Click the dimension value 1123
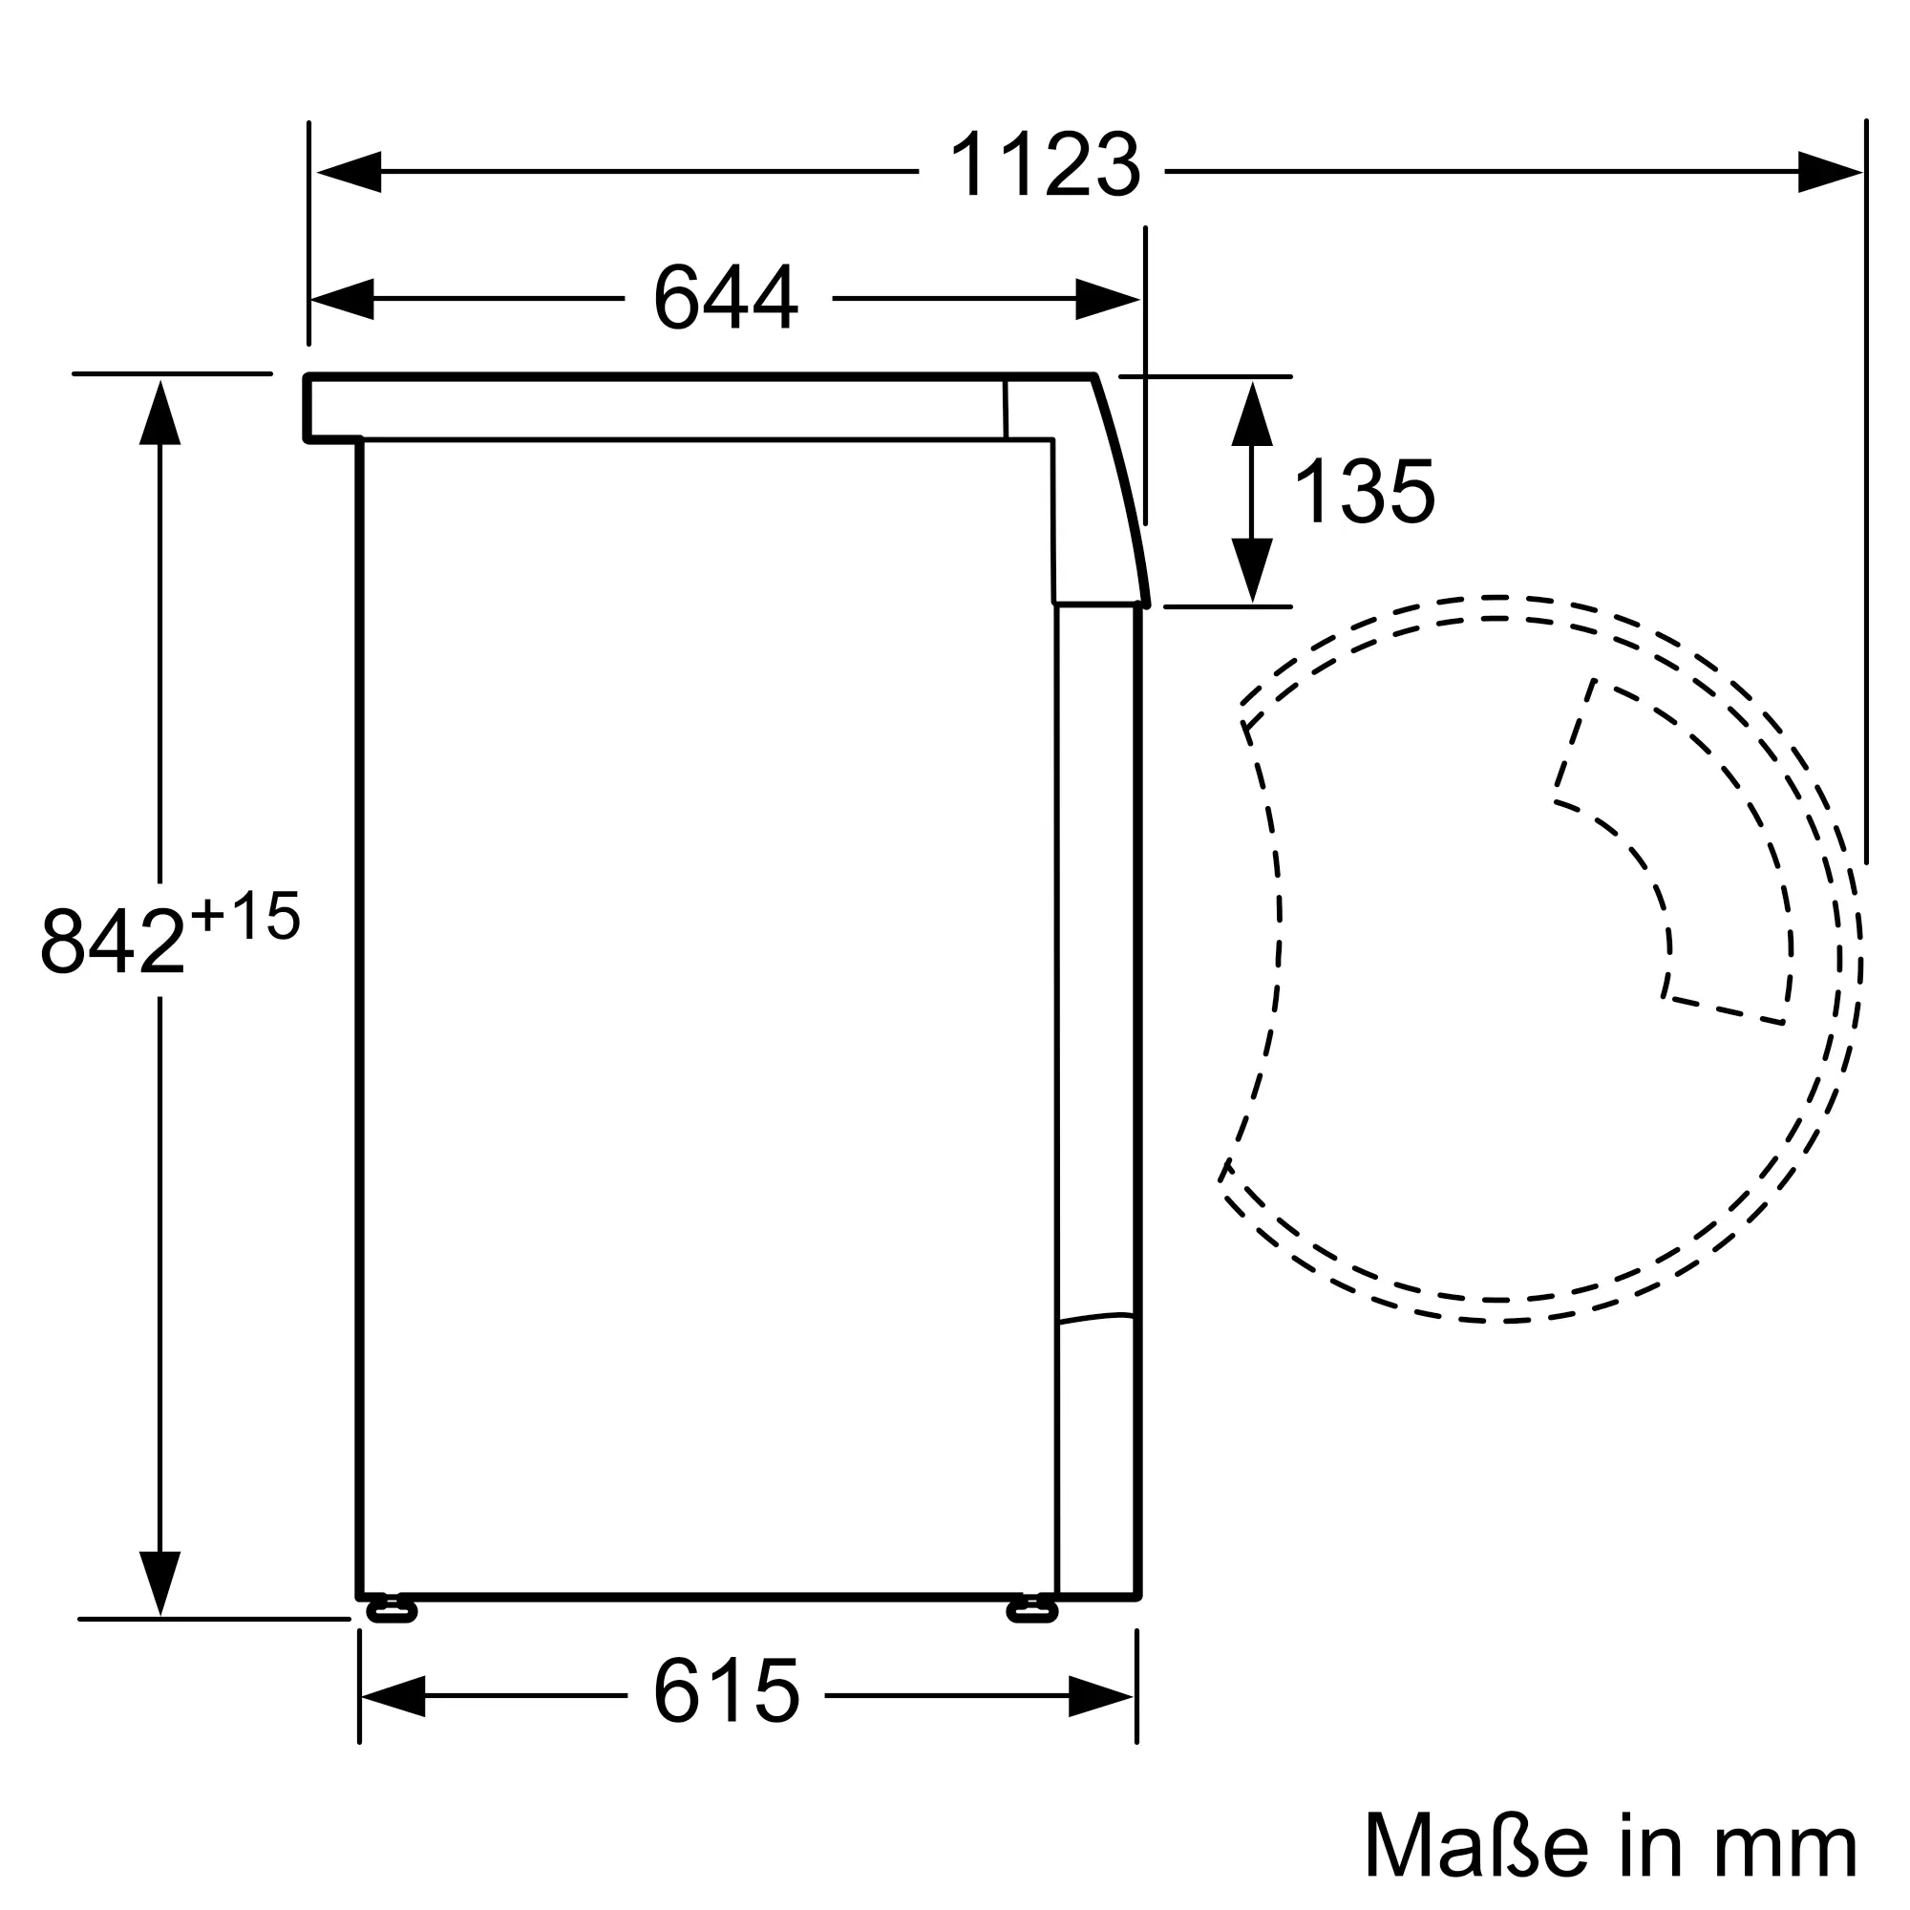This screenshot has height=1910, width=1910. coord(1044,165)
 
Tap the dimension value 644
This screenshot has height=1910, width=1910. coord(726,296)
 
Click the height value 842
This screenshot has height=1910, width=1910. coord(113,940)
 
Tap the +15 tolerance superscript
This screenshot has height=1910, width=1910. coord(245,916)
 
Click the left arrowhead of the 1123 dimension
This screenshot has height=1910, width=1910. coord(349,172)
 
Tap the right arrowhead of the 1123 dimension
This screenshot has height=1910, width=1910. coord(1830,172)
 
